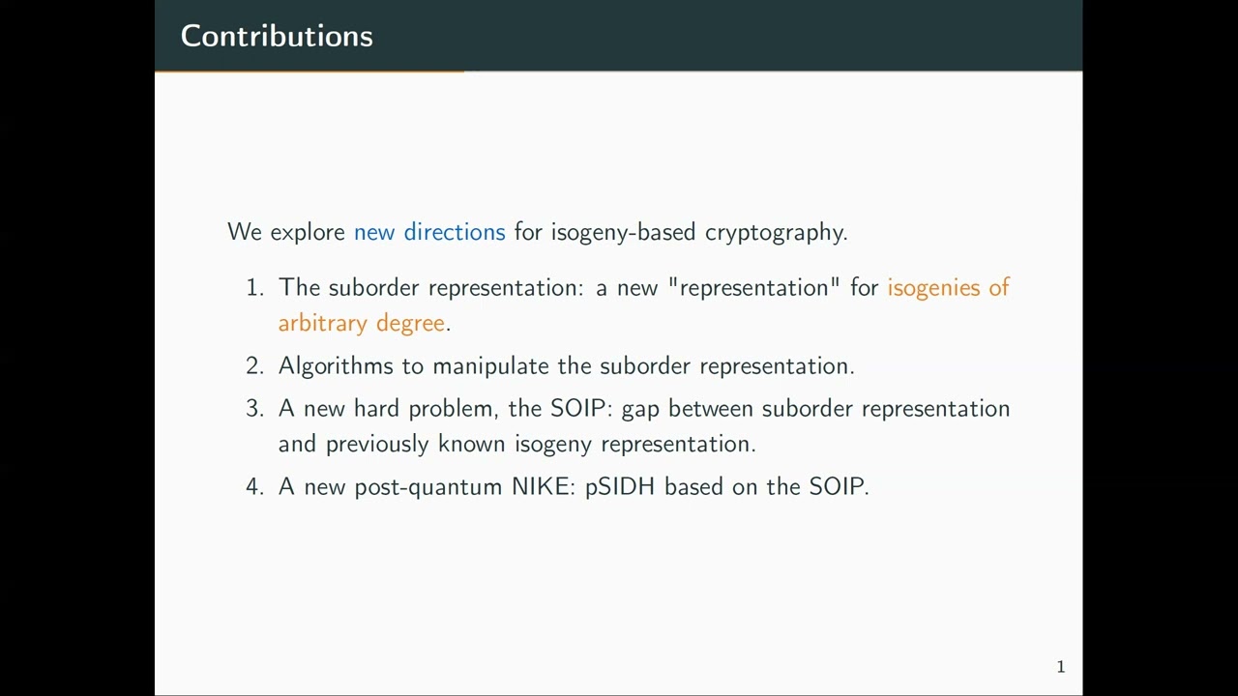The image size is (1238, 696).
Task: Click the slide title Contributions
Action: [277, 36]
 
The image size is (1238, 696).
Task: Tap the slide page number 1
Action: [1061, 666]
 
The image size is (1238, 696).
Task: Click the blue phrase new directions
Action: [429, 232]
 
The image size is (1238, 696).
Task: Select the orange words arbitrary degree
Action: [362, 323]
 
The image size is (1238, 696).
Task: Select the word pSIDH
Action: [620, 486]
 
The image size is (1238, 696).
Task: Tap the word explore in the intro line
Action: [308, 233]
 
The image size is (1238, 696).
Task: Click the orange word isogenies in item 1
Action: [933, 288]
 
